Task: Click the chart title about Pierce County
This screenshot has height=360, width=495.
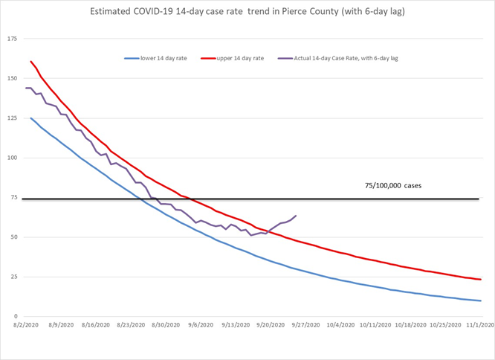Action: [x=247, y=13]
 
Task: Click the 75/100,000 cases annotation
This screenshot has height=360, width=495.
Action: [x=394, y=185]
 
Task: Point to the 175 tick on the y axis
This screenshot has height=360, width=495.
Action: [x=13, y=39]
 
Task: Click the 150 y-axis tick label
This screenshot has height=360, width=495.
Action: [x=13, y=78]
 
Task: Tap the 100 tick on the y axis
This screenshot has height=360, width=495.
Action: [x=13, y=158]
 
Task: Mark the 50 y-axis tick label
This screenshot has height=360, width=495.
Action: [x=14, y=237]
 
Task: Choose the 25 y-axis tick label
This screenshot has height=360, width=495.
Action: [x=14, y=277]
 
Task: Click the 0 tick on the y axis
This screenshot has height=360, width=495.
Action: [x=16, y=316]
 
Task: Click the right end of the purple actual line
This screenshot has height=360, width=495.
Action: [x=296, y=216]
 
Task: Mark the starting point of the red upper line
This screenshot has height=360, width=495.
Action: [x=30, y=61]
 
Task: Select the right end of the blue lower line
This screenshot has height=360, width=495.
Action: [x=481, y=300]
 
